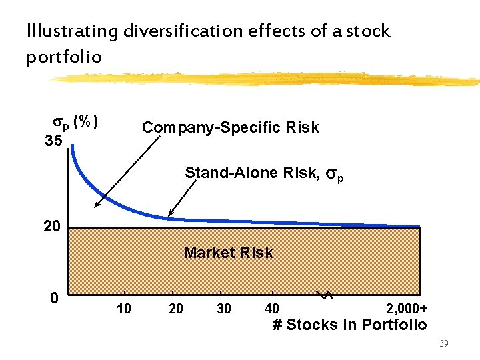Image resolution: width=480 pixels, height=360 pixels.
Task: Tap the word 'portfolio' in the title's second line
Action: pyautogui.click(x=64, y=57)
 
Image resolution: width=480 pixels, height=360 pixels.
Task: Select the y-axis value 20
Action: pyautogui.click(x=51, y=227)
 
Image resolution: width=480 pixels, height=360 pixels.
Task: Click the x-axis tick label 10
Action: pyautogui.click(x=123, y=309)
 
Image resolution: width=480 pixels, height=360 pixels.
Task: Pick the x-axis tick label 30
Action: pyautogui.click(x=225, y=309)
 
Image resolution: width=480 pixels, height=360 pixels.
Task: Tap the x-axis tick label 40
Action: pyautogui.click(x=271, y=309)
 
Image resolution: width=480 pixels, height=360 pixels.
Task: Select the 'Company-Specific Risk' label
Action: pyautogui.click(x=231, y=127)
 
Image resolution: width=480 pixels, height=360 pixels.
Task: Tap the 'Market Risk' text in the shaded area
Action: pyautogui.click(x=228, y=253)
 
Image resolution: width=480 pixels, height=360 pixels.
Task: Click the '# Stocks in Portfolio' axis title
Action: pyautogui.click(x=349, y=325)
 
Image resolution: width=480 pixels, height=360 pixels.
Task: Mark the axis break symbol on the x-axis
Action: pyautogui.click(x=324, y=294)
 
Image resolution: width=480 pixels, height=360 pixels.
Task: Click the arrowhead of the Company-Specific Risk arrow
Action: pyautogui.click(x=96, y=207)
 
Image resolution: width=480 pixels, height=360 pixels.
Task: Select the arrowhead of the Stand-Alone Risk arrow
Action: pyautogui.click(x=168, y=215)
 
